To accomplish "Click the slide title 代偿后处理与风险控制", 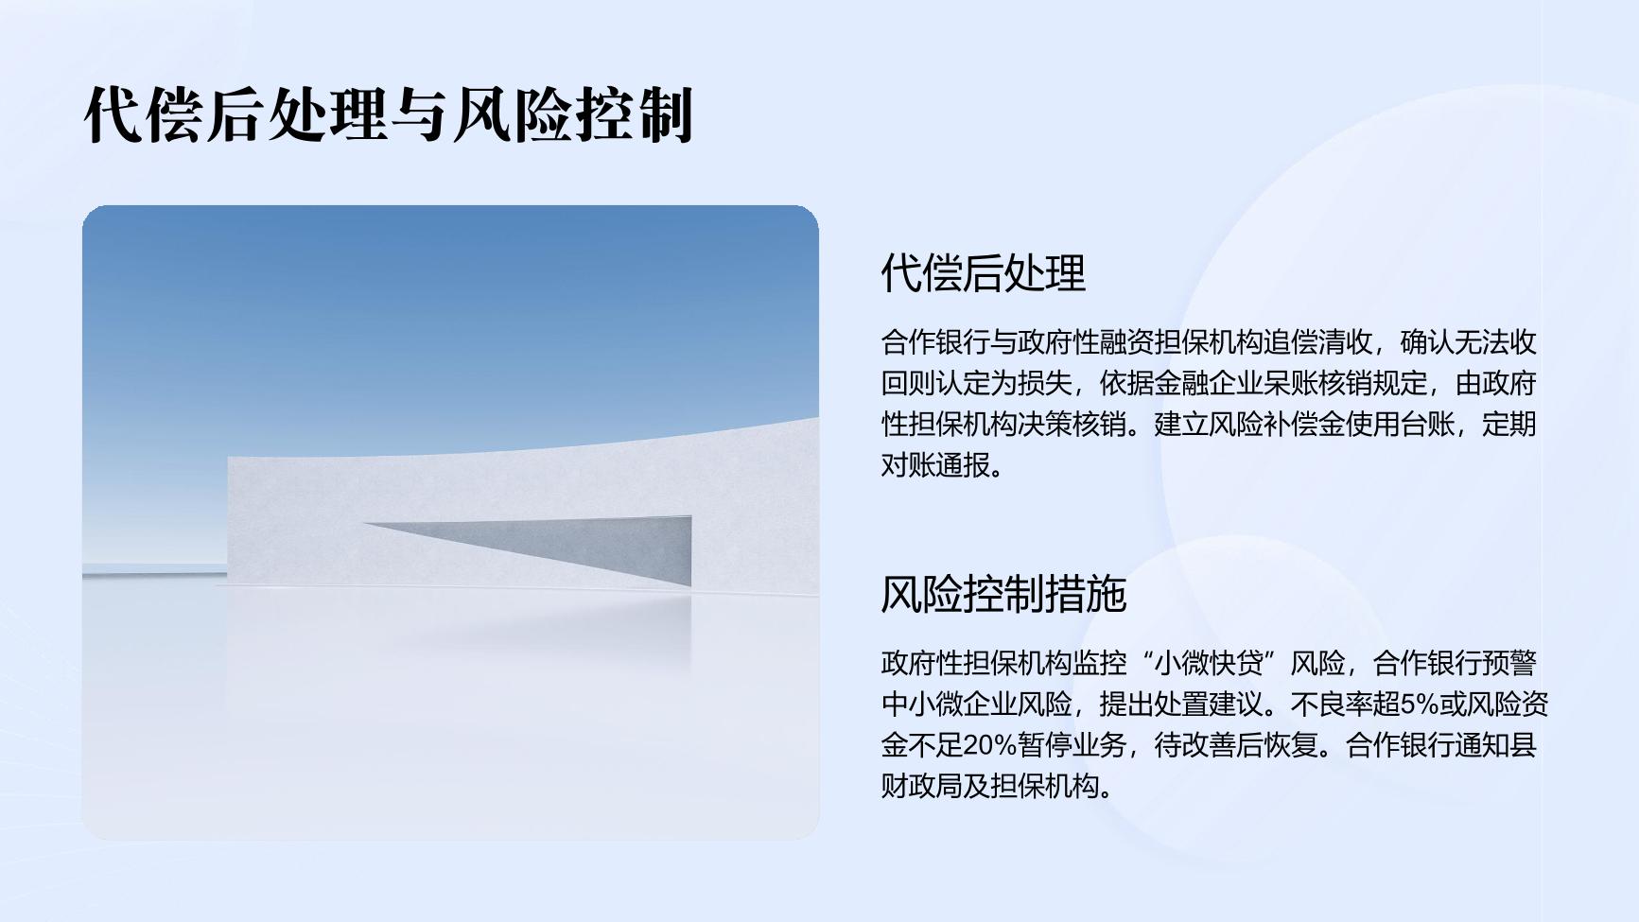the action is [x=389, y=115].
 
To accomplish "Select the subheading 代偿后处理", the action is [x=983, y=273].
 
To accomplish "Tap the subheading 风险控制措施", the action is [x=1003, y=595].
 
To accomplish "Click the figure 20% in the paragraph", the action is [x=990, y=745].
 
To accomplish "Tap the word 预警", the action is [x=1509, y=664].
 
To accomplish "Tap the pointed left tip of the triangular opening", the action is [x=364, y=524].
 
